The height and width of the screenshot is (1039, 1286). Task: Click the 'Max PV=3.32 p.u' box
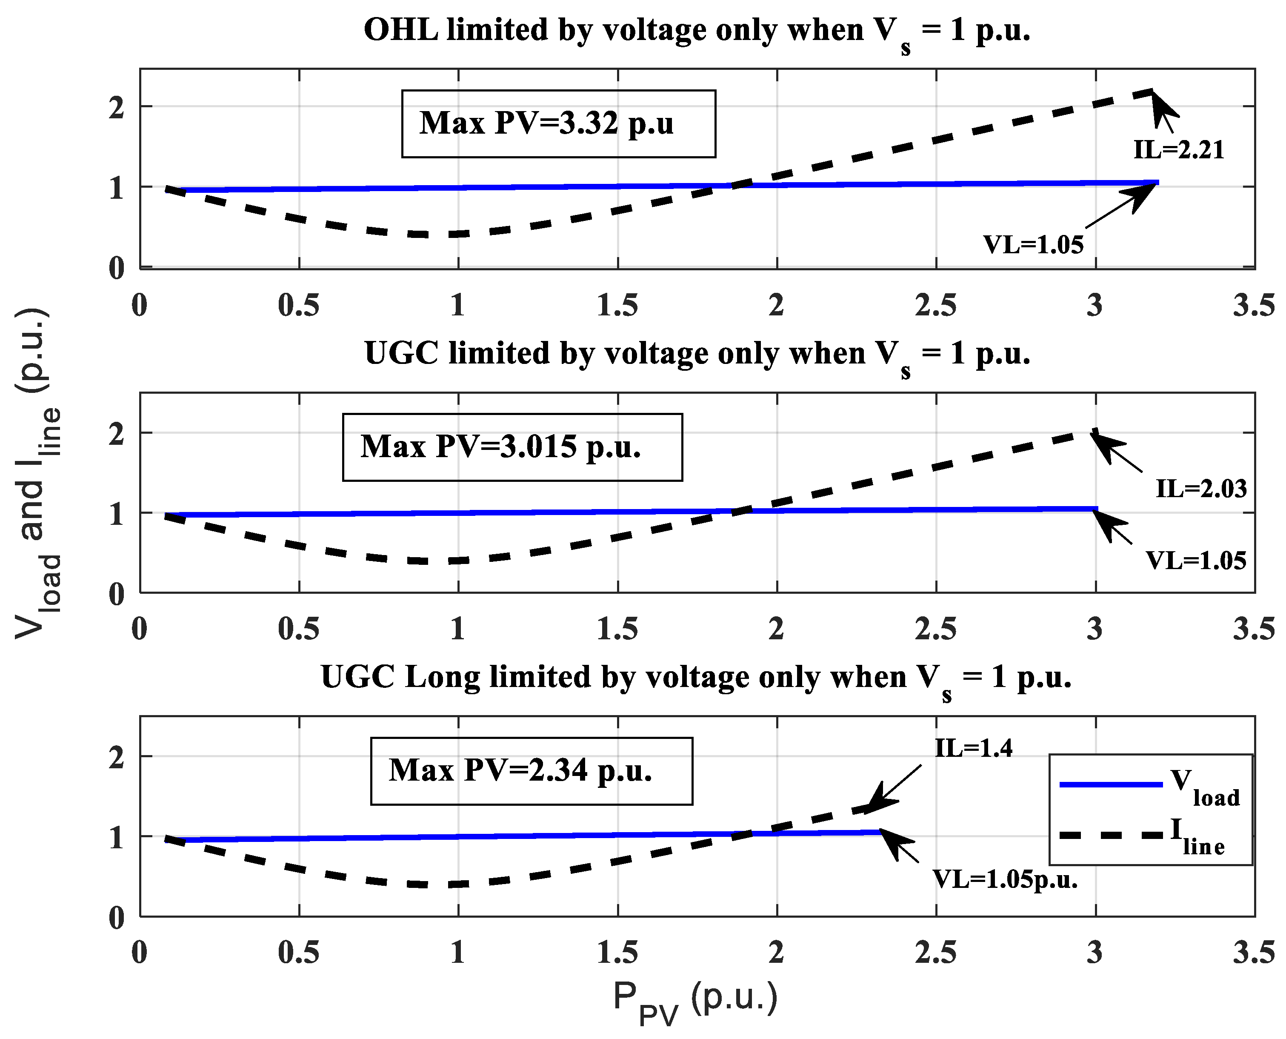click(x=558, y=124)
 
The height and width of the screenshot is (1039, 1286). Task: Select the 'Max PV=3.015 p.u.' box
click(x=512, y=447)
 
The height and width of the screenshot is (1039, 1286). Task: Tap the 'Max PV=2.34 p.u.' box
click(x=532, y=771)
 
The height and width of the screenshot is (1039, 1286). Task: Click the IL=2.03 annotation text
click(x=1200, y=489)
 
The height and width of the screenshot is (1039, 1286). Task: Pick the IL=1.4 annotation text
click(x=974, y=748)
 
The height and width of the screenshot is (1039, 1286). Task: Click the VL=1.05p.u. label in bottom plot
click(x=1005, y=879)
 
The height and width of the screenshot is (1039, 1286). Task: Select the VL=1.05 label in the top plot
click(x=1034, y=245)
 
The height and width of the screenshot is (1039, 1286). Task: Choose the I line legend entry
click(x=1149, y=835)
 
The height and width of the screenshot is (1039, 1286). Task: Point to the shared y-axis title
click(x=37, y=473)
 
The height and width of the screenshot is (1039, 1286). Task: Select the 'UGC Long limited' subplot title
click(x=695, y=678)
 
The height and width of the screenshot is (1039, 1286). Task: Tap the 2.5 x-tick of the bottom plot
click(x=935, y=952)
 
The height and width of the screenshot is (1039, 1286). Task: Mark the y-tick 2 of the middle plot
click(x=116, y=434)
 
